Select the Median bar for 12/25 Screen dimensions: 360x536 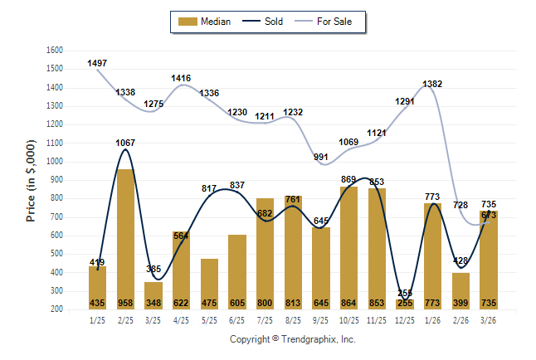tap(405, 304)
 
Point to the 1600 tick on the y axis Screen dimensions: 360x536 tap(54, 50)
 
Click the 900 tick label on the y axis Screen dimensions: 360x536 tap(56, 180)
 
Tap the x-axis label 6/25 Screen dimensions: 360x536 tap(237, 320)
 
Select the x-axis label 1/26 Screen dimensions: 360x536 tap(433, 320)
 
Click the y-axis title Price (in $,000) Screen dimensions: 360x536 tap(32, 180)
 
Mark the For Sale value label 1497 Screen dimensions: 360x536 tap(97, 63)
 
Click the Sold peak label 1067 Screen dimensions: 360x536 tap(125, 143)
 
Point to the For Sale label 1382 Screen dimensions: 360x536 tap(432, 84)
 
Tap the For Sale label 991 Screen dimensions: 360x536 tap(320, 157)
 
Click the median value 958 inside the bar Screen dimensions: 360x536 tap(126, 304)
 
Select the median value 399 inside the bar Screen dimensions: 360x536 tap(460, 304)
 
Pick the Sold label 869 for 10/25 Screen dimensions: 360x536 tap(349, 179)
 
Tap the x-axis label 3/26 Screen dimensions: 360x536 tap(489, 320)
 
